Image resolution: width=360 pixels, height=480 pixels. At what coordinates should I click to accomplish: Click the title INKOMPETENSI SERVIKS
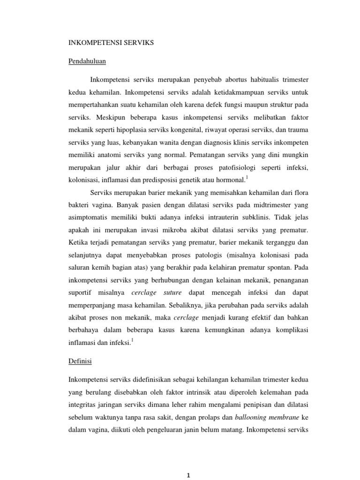(x=111, y=43)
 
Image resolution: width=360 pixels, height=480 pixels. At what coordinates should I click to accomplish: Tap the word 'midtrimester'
(x=264, y=204)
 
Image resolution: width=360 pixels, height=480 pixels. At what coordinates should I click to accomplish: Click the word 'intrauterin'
(x=210, y=217)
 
